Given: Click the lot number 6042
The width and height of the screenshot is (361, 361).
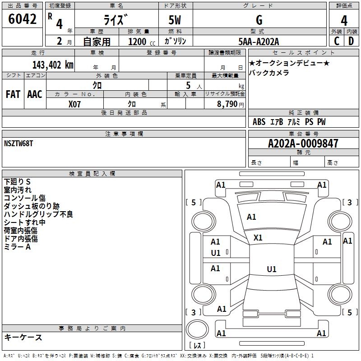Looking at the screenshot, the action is click(x=22, y=19).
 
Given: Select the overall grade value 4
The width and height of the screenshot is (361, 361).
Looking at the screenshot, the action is click(x=344, y=20).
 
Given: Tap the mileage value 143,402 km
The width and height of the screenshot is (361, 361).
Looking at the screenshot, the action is click(x=53, y=65).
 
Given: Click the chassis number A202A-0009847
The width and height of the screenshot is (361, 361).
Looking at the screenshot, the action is click(x=303, y=143).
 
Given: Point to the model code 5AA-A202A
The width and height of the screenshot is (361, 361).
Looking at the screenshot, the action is click(x=259, y=42).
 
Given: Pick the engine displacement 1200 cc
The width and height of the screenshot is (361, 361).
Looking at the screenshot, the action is click(x=142, y=42).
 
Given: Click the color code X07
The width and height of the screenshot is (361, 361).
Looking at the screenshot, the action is click(x=74, y=104).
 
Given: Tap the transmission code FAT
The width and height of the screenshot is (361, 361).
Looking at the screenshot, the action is click(x=13, y=94).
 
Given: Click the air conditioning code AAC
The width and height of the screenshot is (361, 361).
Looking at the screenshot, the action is click(x=35, y=94).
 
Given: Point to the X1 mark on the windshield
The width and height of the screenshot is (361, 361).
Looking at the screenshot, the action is click(x=258, y=238).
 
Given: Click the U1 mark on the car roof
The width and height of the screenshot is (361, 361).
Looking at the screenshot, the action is click(x=272, y=269).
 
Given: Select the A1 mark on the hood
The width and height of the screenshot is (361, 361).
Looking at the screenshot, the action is click(x=251, y=217).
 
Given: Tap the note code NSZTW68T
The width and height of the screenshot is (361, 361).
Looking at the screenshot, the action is click(x=19, y=143).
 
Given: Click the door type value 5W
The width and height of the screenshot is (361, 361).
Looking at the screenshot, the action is click(x=175, y=20).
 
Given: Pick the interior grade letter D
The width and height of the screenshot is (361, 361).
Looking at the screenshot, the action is click(x=351, y=41).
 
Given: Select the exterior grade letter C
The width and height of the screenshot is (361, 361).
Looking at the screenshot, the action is click(x=337, y=41).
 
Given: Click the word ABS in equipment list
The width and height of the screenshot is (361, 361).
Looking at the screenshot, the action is click(x=259, y=121).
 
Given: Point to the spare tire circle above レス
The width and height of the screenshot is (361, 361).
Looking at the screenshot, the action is click(x=197, y=329).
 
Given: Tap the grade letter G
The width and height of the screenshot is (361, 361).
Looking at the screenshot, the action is click(x=259, y=20).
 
